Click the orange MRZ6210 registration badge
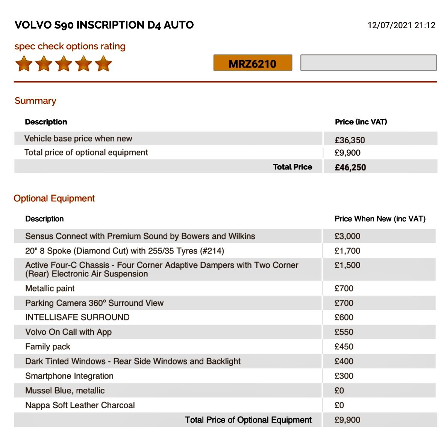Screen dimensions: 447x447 click(253, 63)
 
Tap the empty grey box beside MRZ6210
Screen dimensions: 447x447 click(368, 63)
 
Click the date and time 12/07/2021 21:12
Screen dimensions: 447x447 click(401, 25)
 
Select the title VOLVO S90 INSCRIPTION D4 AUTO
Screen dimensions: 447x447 click(104, 25)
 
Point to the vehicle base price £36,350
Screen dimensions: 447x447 click(350, 140)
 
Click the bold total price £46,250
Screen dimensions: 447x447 click(350, 168)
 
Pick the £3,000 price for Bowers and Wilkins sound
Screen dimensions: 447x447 click(347, 236)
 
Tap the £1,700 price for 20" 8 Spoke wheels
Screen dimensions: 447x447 click(347, 251)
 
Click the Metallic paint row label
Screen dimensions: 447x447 click(50, 288)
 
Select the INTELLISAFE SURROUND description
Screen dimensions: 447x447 click(77, 317)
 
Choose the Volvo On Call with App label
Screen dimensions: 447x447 click(68, 332)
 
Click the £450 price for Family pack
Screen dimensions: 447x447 click(344, 347)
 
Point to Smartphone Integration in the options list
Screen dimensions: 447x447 click(69, 376)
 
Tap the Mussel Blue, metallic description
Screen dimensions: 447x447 click(65, 391)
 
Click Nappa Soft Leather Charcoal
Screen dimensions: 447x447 click(80, 405)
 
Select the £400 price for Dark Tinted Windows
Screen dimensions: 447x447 click(344, 361)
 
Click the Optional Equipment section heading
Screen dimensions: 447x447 click(54, 198)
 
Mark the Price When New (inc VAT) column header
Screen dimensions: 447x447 click(380, 219)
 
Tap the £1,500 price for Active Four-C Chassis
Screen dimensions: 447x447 click(347, 265)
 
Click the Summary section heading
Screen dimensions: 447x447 click(35, 101)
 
